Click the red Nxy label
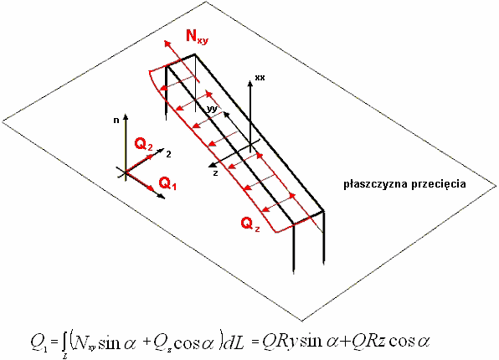(197, 36)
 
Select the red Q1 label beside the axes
(167, 183)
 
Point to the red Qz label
(250, 224)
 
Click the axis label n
(116, 121)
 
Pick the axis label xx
(260, 77)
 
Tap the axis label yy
(212, 109)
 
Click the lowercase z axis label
(215, 173)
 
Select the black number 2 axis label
(168, 154)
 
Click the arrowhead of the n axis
(126, 116)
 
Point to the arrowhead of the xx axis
(250, 83)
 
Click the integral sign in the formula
(64, 343)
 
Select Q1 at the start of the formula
(39, 343)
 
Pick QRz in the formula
(369, 342)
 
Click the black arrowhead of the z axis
(211, 164)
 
